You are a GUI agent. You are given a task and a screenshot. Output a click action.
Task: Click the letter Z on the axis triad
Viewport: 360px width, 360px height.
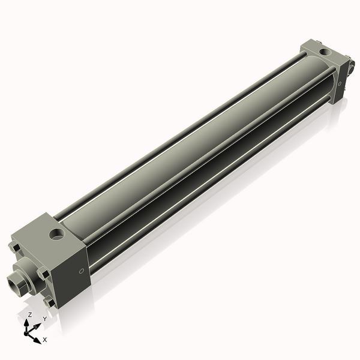click(x=29, y=314)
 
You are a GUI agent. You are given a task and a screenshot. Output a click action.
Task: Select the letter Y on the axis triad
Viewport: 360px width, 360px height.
click(x=44, y=319)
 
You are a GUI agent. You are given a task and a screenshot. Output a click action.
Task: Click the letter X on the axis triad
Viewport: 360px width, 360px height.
click(x=45, y=340)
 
